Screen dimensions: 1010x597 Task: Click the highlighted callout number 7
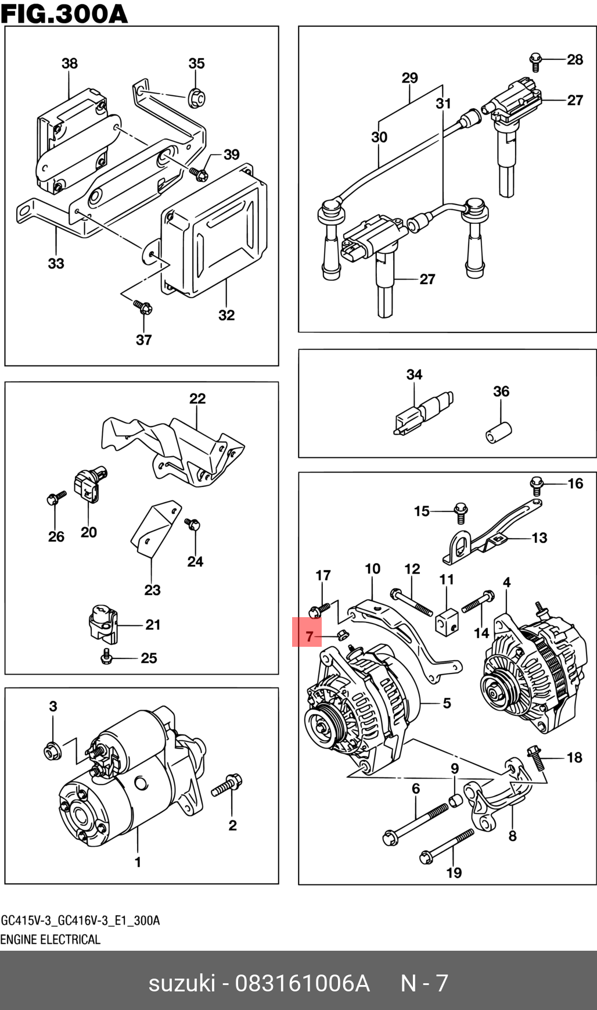[308, 636]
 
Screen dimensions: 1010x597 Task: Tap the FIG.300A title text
[64, 13]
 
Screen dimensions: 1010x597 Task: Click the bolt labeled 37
[142, 306]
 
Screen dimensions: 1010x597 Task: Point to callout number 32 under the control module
[226, 315]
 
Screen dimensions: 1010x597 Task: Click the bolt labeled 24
[192, 524]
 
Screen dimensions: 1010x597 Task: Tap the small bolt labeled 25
[106, 656]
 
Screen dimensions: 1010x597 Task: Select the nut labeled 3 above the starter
[52, 751]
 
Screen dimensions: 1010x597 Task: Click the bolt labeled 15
[461, 511]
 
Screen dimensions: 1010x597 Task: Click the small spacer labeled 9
[456, 801]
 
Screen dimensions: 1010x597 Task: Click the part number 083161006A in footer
[302, 983]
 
